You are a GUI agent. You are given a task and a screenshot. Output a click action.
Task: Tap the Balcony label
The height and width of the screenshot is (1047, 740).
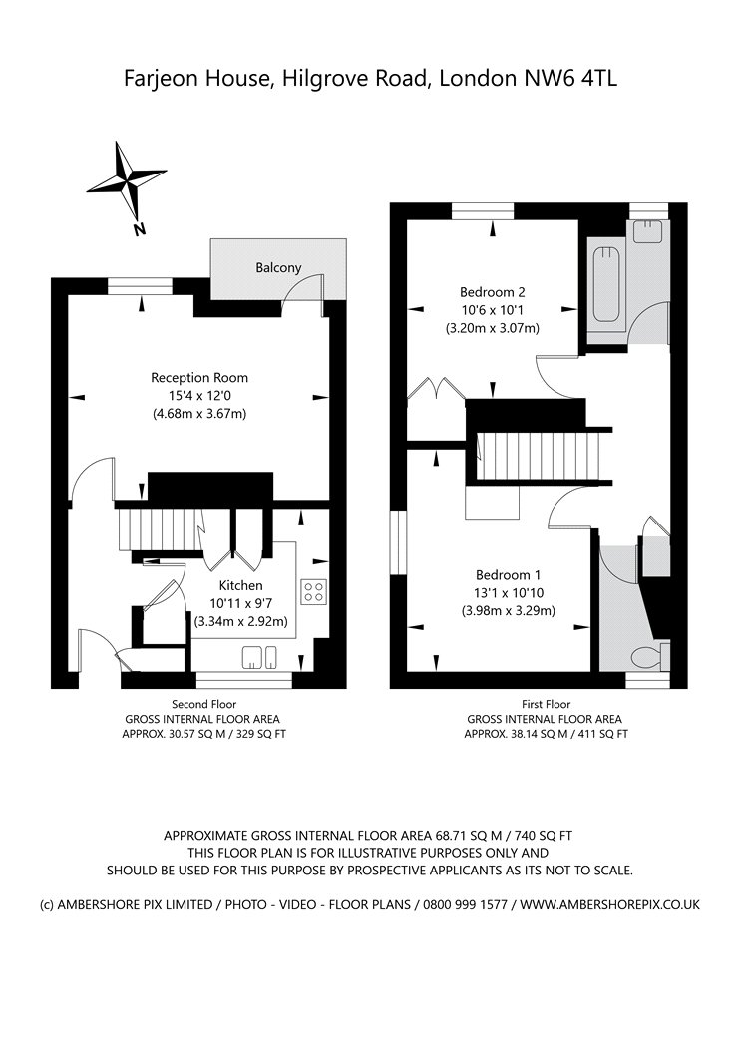pos(278,268)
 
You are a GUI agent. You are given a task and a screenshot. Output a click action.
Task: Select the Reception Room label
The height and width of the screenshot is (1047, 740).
pos(199,377)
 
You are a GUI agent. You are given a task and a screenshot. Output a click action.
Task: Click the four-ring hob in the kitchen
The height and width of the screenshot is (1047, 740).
pos(314,591)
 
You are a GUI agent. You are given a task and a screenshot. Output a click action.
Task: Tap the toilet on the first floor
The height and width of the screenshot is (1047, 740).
pos(650,656)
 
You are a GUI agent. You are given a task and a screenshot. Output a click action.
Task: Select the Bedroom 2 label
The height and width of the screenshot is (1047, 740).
pos(493,292)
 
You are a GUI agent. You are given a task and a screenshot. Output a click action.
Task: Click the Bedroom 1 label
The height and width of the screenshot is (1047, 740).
pos(509,575)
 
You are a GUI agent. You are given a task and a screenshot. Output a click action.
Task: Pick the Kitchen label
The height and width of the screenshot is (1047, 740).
pos(241,585)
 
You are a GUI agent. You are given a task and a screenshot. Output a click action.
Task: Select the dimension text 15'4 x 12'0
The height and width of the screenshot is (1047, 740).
pos(199,395)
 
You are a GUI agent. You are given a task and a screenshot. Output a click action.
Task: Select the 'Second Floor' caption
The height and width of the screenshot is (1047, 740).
pos(204,704)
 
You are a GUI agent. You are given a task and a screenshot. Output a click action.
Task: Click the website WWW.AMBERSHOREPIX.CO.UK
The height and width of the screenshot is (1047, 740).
pos(609,904)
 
